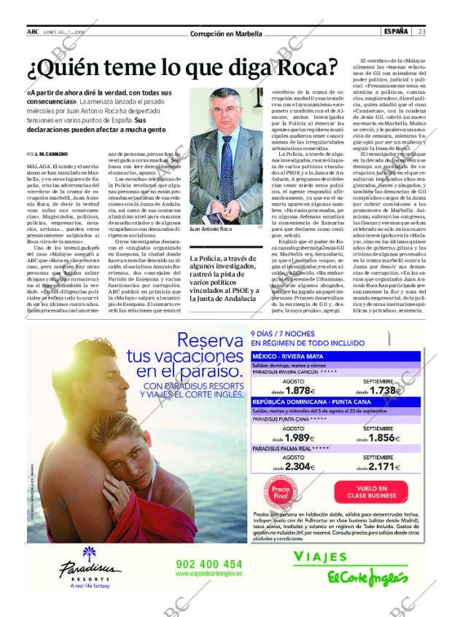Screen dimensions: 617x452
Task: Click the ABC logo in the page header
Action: click(x=33, y=31)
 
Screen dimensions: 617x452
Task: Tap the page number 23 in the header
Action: click(x=422, y=31)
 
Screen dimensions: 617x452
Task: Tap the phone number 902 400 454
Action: click(x=209, y=564)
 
